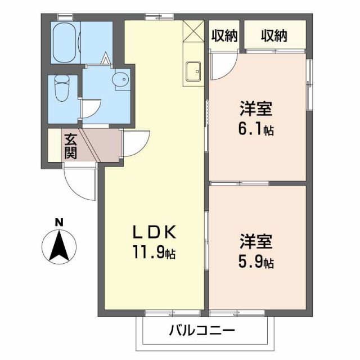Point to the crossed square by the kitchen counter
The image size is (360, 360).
[192, 30]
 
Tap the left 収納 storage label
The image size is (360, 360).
[224, 37]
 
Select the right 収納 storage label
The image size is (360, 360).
[274, 37]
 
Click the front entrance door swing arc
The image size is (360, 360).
[79, 183]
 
